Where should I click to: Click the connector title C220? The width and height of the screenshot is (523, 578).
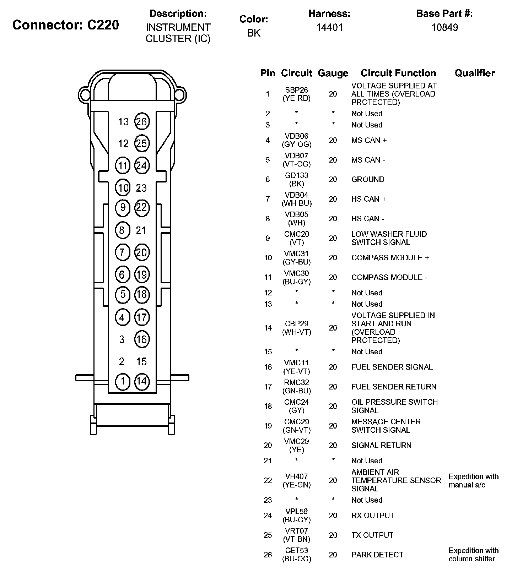click(66, 25)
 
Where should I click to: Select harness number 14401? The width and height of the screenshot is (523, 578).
click(330, 28)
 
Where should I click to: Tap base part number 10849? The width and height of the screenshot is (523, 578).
click(444, 28)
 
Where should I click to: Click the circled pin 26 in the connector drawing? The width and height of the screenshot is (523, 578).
click(141, 122)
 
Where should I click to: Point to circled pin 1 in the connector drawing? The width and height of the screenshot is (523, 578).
click(123, 381)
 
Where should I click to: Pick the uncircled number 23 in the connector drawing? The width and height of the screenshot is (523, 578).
click(141, 188)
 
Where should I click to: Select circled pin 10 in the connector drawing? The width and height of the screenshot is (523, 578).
click(123, 188)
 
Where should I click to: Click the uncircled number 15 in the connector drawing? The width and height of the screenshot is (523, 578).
click(141, 361)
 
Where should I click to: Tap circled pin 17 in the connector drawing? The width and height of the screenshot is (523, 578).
click(141, 317)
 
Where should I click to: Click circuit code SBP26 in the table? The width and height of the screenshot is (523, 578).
click(297, 90)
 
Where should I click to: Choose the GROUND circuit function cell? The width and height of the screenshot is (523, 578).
click(368, 180)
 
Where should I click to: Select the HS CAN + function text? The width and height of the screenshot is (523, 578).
click(368, 199)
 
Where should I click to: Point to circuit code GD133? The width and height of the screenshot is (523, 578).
click(297, 175)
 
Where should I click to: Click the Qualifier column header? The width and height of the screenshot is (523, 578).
click(474, 73)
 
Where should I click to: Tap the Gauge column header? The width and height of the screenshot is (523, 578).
click(333, 73)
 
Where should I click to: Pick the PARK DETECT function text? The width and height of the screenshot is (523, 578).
click(377, 555)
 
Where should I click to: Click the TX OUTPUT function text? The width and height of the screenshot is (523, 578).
click(372, 535)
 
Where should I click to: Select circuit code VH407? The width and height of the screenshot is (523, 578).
click(297, 476)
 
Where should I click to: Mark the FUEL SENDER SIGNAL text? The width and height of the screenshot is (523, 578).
click(392, 367)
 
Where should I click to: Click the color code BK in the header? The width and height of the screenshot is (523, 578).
click(254, 33)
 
